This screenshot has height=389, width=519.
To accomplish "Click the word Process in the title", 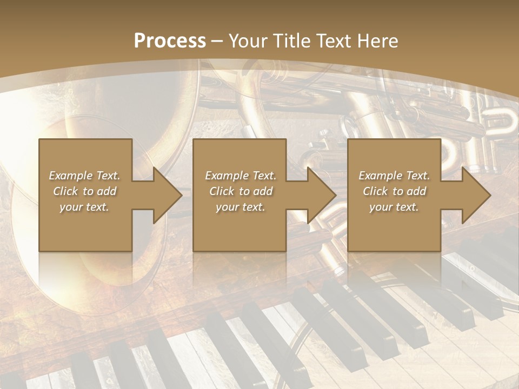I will click(x=170, y=41).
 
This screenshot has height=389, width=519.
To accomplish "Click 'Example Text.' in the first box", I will click(x=84, y=176).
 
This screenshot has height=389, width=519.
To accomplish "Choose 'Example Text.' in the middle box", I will click(x=241, y=176).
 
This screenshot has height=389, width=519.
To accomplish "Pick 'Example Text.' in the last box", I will click(x=394, y=176).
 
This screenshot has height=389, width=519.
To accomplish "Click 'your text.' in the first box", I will click(x=84, y=207).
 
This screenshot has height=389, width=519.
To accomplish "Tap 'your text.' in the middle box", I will click(x=241, y=207).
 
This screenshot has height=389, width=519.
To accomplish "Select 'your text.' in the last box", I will click(x=394, y=207).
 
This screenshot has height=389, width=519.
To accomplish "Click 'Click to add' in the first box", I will click(x=84, y=191).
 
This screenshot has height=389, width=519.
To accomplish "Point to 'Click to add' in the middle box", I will click(x=241, y=191).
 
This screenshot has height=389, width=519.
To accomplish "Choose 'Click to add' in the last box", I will click(x=394, y=191).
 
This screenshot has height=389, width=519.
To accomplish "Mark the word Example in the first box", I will click(x=71, y=176).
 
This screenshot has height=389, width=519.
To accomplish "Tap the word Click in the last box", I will click(x=375, y=191).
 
